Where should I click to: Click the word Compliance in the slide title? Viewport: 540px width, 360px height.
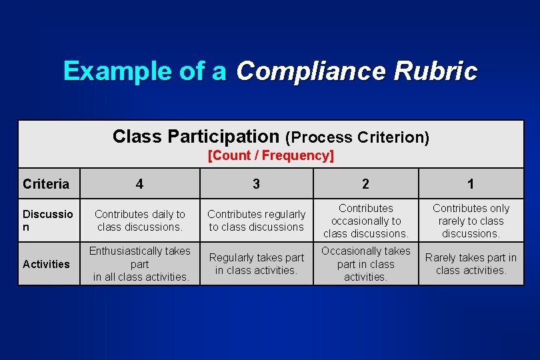click(x=310, y=71)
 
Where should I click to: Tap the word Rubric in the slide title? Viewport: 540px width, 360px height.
click(x=435, y=71)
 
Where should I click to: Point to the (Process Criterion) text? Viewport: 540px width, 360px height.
click(x=357, y=137)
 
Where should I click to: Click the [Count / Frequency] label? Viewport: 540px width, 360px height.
click(x=271, y=156)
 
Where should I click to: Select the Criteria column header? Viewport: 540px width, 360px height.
click(x=46, y=184)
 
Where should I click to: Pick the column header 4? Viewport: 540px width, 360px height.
click(x=139, y=184)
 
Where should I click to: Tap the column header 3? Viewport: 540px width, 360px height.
click(x=257, y=184)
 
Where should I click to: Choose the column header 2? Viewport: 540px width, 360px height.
click(x=365, y=184)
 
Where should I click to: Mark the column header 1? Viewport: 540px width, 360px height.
click(x=471, y=184)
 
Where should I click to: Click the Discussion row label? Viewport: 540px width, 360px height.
click(x=48, y=221)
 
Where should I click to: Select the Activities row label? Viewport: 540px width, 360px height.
click(x=46, y=264)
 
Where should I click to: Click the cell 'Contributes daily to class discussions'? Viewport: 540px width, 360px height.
click(x=139, y=221)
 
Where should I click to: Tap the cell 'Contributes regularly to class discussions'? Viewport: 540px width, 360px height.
click(x=257, y=221)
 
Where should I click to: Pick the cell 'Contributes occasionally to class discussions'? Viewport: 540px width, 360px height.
click(x=365, y=221)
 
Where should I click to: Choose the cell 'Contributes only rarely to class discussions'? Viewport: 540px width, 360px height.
click(x=471, y=221)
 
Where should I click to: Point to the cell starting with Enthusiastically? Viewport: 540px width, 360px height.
click(x=139, y=264)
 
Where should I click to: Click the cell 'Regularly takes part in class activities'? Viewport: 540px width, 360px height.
click(x=257, y=264)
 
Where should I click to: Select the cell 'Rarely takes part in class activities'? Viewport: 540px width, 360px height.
click(x=471, y=264)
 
